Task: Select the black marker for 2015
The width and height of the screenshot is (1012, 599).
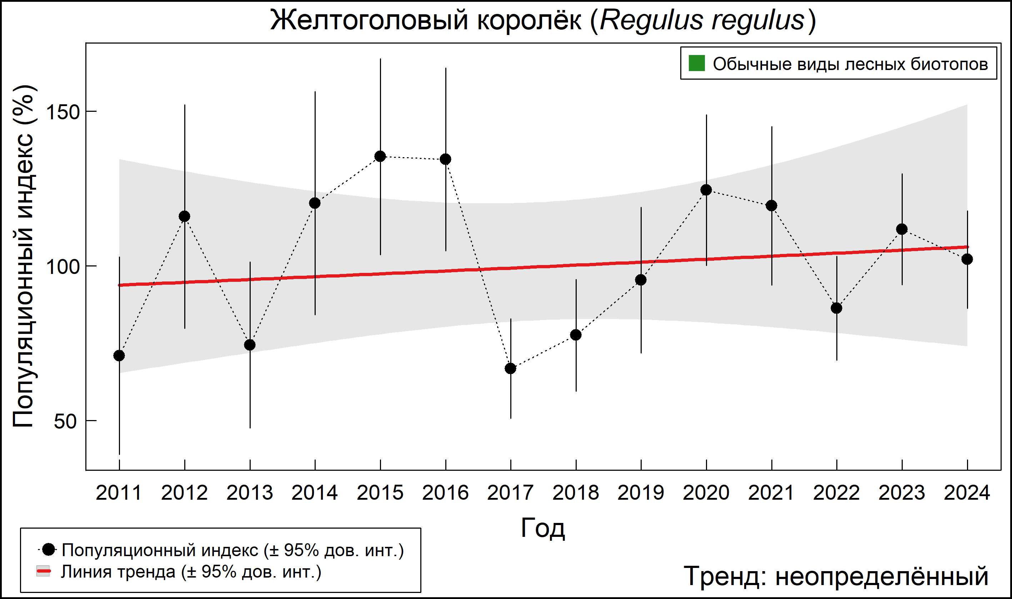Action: coord(380,156)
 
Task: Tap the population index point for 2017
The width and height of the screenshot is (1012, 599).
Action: coord(510,369)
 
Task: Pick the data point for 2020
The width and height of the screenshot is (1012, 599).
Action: coord(706,190)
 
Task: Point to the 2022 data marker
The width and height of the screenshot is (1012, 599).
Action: coord(836,308)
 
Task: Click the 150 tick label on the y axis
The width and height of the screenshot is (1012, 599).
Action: coord(63,112)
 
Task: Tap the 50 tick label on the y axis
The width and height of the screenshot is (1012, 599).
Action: coord(65,421)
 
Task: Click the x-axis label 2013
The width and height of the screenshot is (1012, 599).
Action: coord(249,493)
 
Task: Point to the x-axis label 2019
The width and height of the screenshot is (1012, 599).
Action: coord(641,493)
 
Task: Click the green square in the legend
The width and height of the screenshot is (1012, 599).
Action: coord(696,63)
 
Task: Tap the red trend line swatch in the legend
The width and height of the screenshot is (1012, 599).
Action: coord(43,571)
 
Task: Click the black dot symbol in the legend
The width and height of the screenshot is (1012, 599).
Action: coord(49,549)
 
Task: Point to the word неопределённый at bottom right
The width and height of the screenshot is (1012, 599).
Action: coord(882,576)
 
